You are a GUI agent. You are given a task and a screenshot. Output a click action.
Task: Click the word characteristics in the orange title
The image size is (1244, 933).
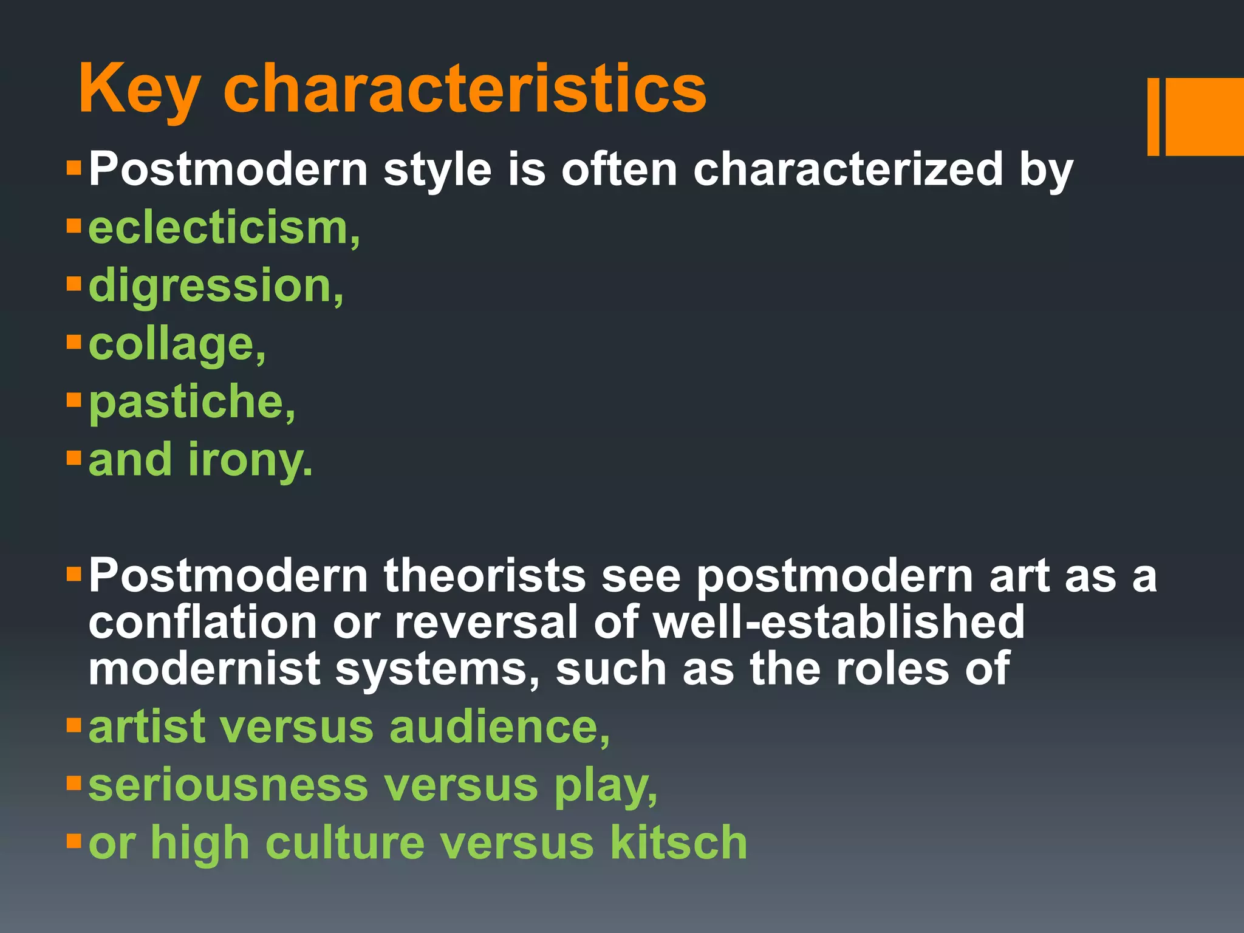465,90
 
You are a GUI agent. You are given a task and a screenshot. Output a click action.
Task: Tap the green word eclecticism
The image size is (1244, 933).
224,228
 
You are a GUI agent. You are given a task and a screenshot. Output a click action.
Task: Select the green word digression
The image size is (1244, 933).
215,286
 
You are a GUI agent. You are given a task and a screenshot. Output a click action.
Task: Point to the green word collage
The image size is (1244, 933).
176,344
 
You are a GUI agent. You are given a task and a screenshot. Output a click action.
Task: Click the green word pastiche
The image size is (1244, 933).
191,402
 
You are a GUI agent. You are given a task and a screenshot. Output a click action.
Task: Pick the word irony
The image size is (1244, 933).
250,460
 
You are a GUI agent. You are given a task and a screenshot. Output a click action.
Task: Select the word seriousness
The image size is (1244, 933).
228,785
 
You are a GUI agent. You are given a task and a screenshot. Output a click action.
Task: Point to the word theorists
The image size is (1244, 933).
484,575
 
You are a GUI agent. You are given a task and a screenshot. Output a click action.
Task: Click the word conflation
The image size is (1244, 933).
202,622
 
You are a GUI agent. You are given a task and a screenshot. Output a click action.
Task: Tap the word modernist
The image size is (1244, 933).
204,669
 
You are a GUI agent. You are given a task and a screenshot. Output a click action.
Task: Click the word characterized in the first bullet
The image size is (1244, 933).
848,169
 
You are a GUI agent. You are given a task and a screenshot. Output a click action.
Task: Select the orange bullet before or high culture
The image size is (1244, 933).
73,841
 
